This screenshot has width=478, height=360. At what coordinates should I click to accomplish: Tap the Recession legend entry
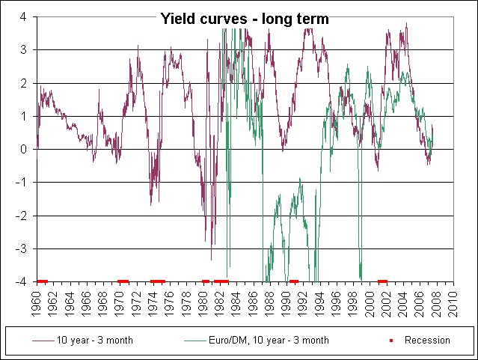[x=427, y=340]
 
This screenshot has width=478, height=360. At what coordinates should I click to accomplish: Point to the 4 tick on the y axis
[x=24, y=16]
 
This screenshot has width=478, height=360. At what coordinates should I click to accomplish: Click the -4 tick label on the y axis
[x=22, y=281]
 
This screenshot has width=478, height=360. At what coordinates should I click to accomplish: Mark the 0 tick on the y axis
[x=24, y=149]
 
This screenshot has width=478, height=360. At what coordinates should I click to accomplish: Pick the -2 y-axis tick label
[x=22, y=216]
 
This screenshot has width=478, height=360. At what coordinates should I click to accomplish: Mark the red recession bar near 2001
[x=382, y=281]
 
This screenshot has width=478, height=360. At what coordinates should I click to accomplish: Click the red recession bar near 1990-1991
[x=294, y=281]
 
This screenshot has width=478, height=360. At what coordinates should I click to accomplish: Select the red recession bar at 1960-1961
[x=42, y=281]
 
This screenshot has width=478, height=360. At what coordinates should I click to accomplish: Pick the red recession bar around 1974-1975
[x=158, y=281]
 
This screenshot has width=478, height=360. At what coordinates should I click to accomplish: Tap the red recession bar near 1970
[x=123, y=281]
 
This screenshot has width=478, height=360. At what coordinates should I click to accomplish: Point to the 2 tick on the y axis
[x=24, y=83]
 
